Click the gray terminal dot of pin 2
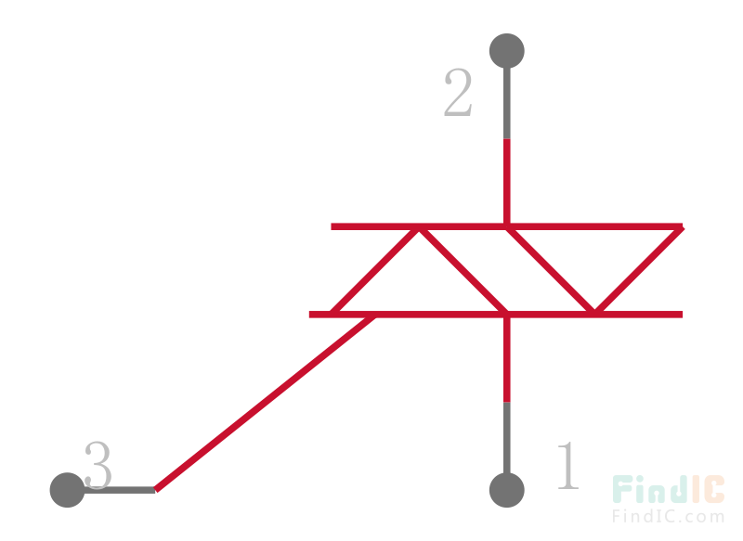point(506,50)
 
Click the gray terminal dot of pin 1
point(506,490)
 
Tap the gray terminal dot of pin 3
point(67,490)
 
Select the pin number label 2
point(458,95)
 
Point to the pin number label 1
point(567,467)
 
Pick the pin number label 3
point(98,466)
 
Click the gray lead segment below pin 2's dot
point(506,102)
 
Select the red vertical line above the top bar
point(506,182)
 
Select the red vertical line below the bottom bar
point(506,358)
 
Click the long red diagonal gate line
point(265,402)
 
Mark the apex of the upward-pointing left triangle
point(418,227)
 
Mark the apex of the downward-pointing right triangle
point(594,313)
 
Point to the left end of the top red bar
point(332,226)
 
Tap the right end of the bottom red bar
point(682,315)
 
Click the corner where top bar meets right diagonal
point(681,227)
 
